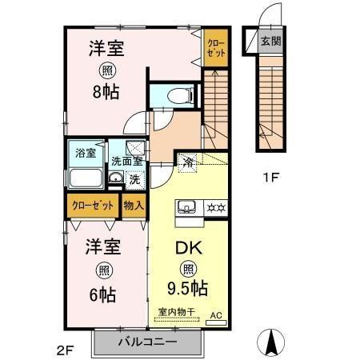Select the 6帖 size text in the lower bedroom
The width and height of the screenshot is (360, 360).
(x=102, y=294)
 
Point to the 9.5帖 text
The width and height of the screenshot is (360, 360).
(x=190, y=287)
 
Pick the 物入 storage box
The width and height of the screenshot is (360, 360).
(x=134, y=205)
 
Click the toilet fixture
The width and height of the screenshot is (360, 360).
(x=181, y=94)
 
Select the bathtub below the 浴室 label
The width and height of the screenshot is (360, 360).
(x=86, y=178)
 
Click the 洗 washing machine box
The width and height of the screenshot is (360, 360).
(x=134, y=178)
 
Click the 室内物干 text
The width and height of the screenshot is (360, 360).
(x=175, y=312)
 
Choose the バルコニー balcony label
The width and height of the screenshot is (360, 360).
(x=148, y=342)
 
